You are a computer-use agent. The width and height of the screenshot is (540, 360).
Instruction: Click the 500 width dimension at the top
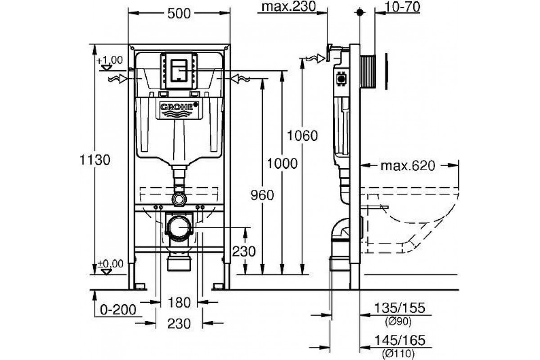179,13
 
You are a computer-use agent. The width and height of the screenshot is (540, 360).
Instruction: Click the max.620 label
408,166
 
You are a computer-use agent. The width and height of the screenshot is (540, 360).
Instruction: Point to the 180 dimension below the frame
180,302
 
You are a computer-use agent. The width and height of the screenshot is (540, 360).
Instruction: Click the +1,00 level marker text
109,59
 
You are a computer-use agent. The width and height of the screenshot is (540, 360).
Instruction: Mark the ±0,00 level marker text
109,264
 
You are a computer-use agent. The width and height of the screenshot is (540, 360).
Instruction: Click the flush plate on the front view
179,70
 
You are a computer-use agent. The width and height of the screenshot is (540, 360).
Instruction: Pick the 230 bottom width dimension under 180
180,323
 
